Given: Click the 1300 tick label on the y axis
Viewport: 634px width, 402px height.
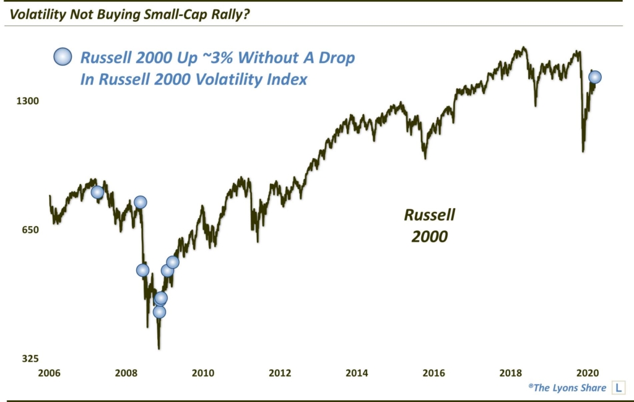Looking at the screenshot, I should [27, 101].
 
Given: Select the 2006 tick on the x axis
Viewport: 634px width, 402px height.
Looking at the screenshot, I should [49, 373].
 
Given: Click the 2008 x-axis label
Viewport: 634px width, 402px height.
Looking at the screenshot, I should [126, 373].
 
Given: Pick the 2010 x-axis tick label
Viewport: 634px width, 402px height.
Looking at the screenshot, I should [203, 373].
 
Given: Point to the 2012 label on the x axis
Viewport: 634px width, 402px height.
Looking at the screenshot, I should [280, 373].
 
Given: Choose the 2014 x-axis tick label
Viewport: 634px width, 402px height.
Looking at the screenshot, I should [357, 373].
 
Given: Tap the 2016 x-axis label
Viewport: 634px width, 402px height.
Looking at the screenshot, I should [433, 373].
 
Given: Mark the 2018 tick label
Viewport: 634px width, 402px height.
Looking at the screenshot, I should [511, 373].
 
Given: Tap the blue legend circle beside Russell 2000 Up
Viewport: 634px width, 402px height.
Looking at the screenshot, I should [63, 57].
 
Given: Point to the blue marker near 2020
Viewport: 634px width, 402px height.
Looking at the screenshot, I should [594, 77].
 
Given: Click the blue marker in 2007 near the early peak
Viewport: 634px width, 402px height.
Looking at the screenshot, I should [97, 192].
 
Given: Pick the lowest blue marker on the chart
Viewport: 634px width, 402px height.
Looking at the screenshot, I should [159, 312].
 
